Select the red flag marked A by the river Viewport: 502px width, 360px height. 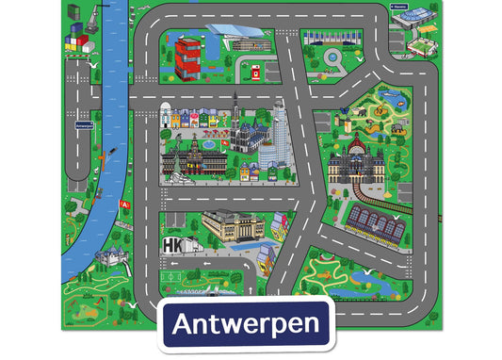click(x=123, y=204)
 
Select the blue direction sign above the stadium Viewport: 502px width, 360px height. click(x=400, y=6)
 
